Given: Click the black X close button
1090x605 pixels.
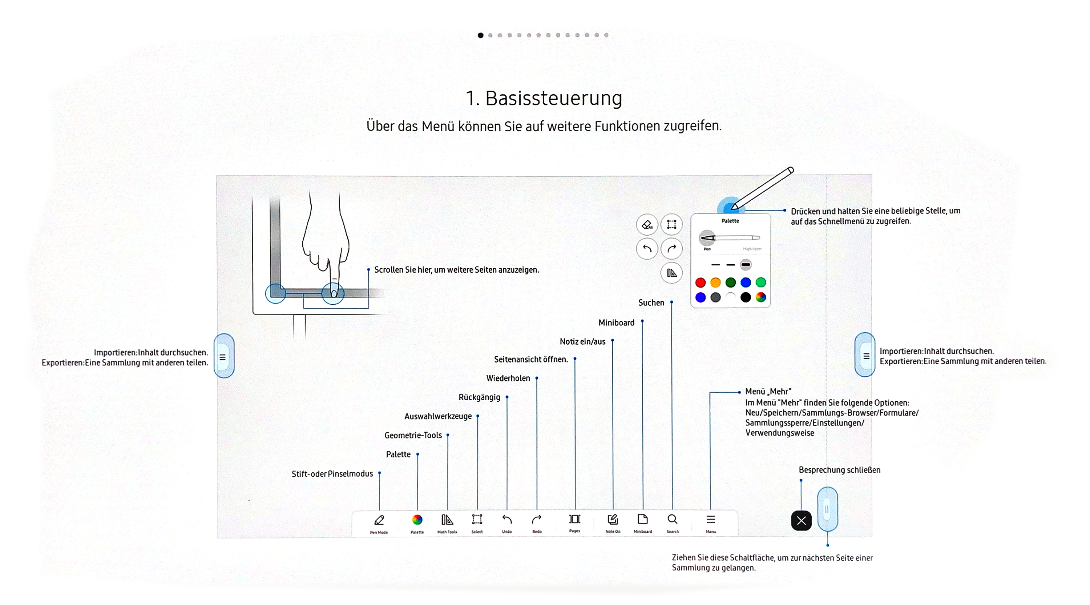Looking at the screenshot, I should (801, 520).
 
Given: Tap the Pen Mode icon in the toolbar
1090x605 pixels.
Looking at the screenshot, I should (379, 520).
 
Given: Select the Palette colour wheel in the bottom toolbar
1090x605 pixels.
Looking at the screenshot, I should (417, 520).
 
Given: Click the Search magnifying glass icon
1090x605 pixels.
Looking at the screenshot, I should (673, 519).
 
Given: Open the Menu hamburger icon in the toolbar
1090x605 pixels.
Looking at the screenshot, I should (710, 519).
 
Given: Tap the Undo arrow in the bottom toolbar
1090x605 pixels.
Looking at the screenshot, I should (507, 519).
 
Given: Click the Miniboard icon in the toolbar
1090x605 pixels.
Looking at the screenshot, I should (642, 519).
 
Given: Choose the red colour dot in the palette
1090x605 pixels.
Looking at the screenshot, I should (700, 283).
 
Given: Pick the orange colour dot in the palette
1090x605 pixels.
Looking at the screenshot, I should (715, 283).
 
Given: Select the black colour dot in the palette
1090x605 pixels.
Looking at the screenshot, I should (746, 297).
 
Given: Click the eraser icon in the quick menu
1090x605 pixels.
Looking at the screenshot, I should (647, 224).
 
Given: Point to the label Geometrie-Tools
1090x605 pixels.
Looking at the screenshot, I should (413, 435).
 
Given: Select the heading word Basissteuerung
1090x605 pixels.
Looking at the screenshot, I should (553, 98).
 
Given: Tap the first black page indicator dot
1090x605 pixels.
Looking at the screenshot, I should (480, 35).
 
